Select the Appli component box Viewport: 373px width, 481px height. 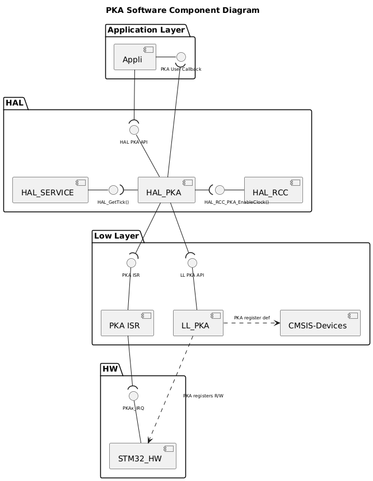134,57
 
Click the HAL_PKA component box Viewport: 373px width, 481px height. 166,190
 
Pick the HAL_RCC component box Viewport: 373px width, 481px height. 273,190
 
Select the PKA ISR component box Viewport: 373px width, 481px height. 127,323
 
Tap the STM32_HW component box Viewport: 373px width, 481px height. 142,456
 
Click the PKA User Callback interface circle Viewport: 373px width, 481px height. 180,57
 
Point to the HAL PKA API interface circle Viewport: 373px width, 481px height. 133,130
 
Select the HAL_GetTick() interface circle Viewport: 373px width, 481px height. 113,190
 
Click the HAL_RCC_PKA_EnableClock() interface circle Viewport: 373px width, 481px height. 220,190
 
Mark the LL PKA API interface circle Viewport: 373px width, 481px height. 192,263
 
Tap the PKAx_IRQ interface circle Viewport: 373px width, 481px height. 133,396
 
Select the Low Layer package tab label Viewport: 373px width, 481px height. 115,235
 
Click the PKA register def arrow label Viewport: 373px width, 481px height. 251,318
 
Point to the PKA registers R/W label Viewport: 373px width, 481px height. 203,396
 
